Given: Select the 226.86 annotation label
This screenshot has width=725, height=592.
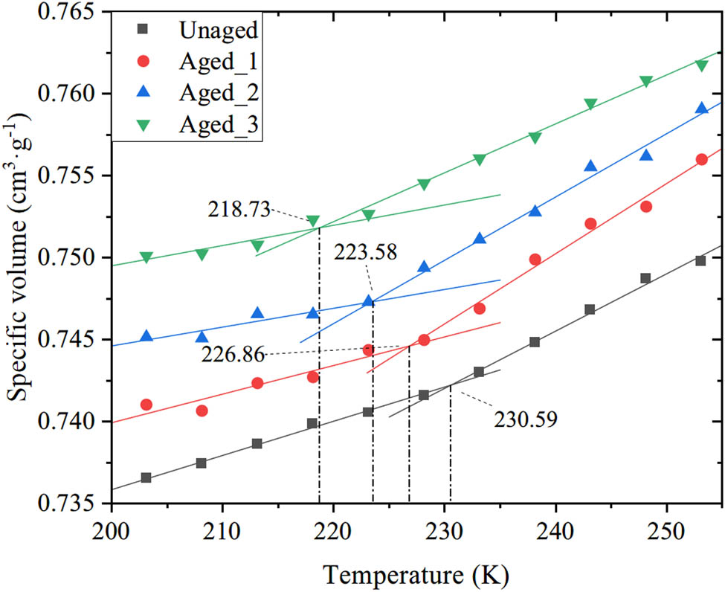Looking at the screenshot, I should click(233, 355).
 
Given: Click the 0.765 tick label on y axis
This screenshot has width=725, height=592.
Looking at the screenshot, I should click(71, 13).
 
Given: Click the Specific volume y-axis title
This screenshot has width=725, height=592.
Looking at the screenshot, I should click(21, 257).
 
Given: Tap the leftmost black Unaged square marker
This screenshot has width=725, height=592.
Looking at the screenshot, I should click(146, 477).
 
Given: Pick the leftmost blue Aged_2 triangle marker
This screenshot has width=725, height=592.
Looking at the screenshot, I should click(146, 336).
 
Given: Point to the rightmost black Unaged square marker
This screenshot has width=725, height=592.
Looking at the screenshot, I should click(700, 260).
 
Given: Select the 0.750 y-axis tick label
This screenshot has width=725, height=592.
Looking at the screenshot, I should click(71, 258).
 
